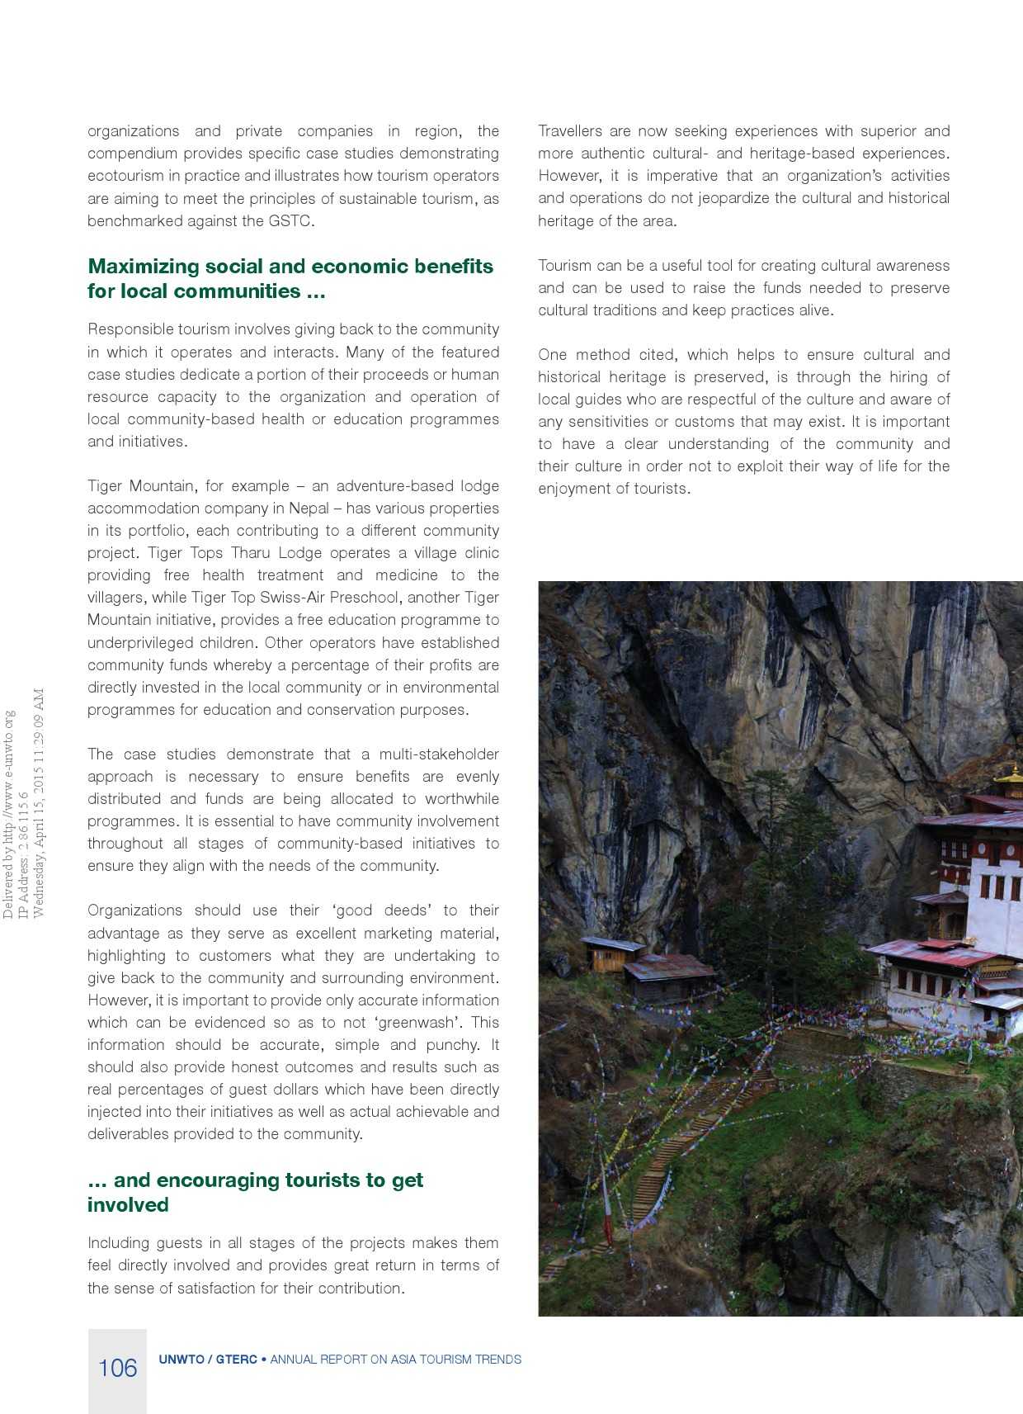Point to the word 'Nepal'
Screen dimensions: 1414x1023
(x=309, y=508)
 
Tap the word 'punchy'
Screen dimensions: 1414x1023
(x=452, y=1045)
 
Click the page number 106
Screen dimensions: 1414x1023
(x=117, y=1369)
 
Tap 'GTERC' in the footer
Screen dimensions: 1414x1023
(x=236, y=1360)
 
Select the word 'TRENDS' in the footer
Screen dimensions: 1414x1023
(x=497, y=1360)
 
